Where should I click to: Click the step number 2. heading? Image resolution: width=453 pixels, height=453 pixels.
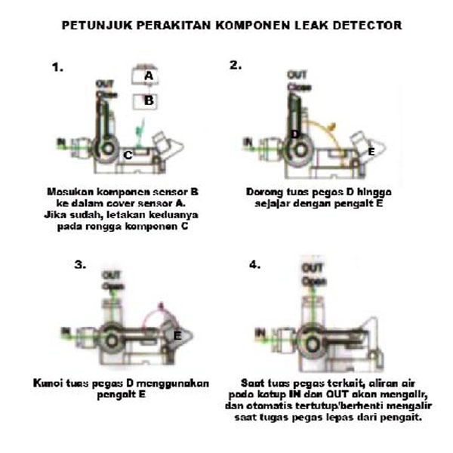click(x=236, y=65)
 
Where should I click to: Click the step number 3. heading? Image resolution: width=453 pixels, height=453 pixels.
click(x=80, y=265)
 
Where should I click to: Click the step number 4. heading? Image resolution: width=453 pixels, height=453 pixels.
click(x=255, y=265)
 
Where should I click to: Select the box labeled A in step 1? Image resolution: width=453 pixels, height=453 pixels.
click(x=149, y=76)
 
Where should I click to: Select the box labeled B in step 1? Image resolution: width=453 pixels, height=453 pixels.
click(x=149, y=100)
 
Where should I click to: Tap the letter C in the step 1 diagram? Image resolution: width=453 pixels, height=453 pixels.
click(x=128, y=155)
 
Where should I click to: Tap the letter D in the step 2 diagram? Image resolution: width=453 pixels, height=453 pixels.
click(x=294, y=134)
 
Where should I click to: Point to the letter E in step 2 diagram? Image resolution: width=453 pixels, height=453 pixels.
click(x=370, y=152)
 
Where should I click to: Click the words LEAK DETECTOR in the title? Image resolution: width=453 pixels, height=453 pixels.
click(x=354, y=25)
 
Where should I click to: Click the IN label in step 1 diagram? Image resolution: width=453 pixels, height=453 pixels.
click(x=60, y=140)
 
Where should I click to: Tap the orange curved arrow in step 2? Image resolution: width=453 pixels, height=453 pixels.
click(x=330, y=125)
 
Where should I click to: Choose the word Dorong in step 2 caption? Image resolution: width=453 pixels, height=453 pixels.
click(x=264, y=192)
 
